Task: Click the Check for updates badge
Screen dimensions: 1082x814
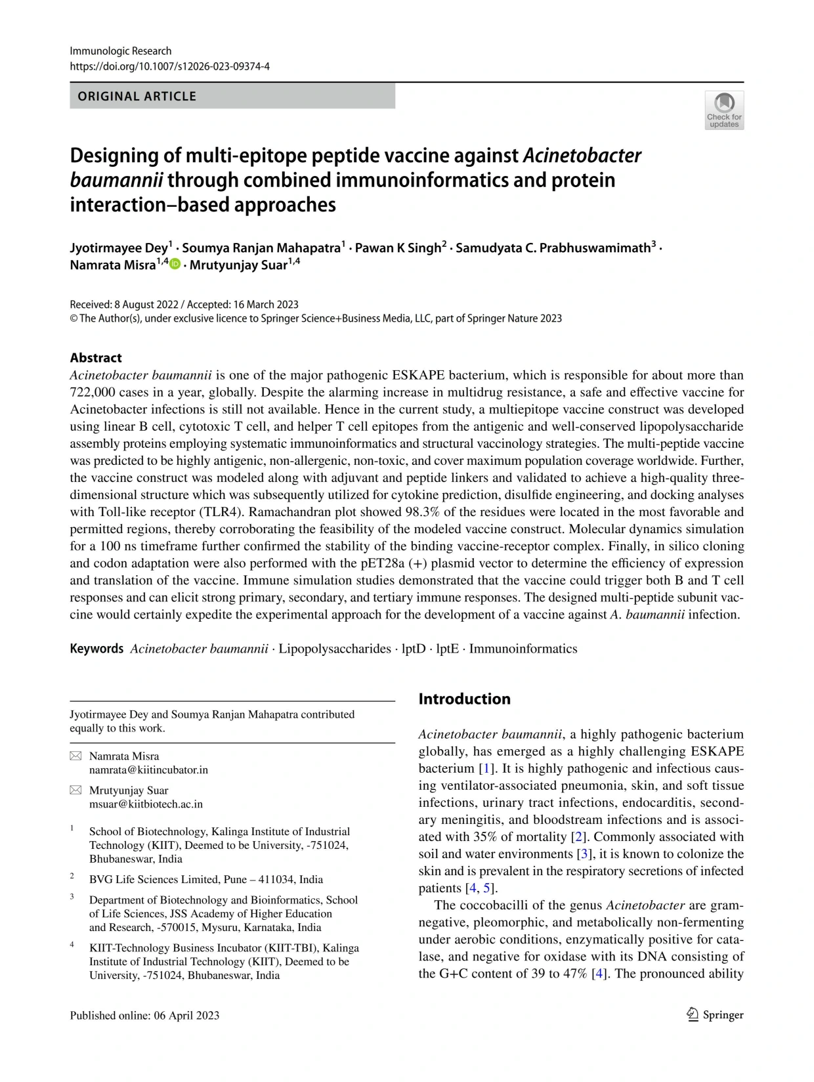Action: coord(724,110)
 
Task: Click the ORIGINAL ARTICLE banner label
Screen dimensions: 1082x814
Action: coord(137,97)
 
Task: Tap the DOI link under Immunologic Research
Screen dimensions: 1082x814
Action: coord(169,66)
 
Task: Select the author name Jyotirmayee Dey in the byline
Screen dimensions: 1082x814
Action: coord(119,248)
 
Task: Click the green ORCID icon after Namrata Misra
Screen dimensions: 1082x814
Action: coord(175,264)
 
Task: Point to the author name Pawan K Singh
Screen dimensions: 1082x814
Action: coord(398,248)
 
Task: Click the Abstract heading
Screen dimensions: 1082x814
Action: coord(96,358)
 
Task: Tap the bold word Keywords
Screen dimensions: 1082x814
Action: coord(96,649)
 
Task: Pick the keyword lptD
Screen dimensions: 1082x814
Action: coord(414,649)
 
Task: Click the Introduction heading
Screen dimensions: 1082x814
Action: coord(464,699)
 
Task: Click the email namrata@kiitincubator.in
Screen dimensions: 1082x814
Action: coord(148,769)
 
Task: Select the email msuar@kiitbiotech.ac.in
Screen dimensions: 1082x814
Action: coord(146,804)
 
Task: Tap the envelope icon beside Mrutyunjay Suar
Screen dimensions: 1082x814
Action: coord(75,790)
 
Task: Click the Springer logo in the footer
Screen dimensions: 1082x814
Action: coord(715,1015)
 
